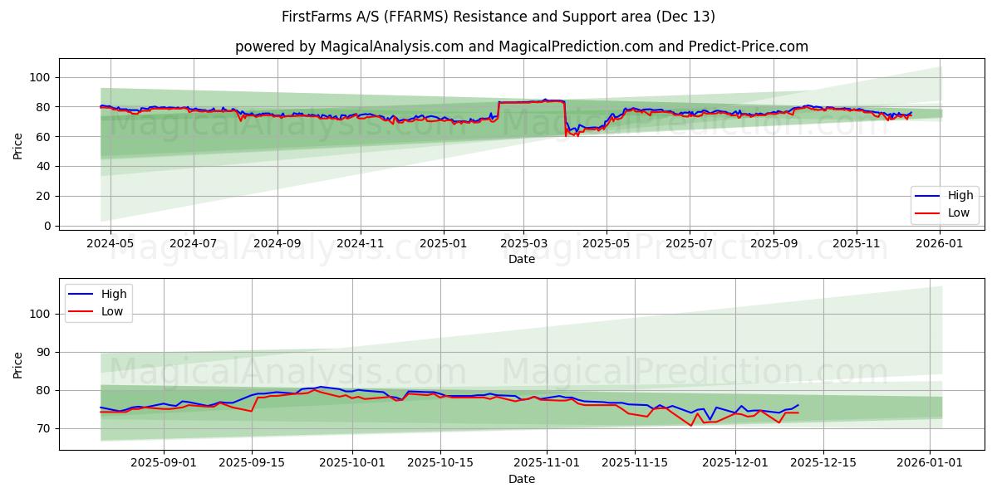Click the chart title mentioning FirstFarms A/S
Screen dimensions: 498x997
pos(498,17)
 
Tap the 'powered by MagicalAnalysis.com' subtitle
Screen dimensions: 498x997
pos(521,46)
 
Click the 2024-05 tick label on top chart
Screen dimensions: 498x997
pos(110,244)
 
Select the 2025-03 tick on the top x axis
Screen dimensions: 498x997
pos(523,244)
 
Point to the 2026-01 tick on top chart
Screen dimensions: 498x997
pos(940,244)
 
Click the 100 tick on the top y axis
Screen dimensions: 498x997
pos(40,77)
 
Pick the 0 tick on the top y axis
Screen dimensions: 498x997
pos(47,226)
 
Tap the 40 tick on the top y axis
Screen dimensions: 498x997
pos(43,166)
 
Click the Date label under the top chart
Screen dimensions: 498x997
pos(522,260)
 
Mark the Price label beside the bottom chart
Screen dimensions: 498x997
pos(18,364)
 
